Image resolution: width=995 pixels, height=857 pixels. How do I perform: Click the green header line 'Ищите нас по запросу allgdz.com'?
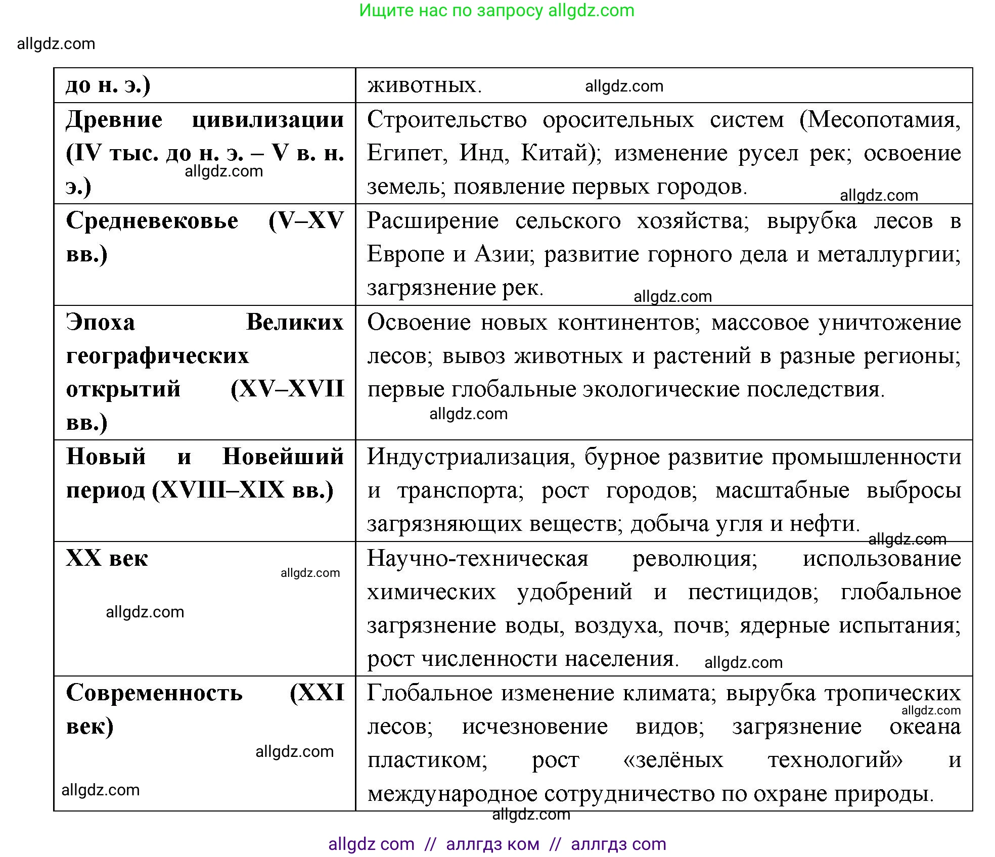point(496,11)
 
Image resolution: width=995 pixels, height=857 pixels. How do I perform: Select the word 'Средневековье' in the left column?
point(152,221)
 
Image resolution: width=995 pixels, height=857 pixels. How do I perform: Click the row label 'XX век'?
point(107,559)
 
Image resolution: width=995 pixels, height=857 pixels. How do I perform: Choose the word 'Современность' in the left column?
point(154,693)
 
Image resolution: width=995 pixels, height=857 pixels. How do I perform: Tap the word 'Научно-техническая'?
point(478,559)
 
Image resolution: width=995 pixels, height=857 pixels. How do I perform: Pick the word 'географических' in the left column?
point(157,356)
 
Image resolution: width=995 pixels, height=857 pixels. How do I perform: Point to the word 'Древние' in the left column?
point(114,120)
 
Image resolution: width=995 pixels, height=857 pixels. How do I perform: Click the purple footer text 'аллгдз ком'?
point(492,844)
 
